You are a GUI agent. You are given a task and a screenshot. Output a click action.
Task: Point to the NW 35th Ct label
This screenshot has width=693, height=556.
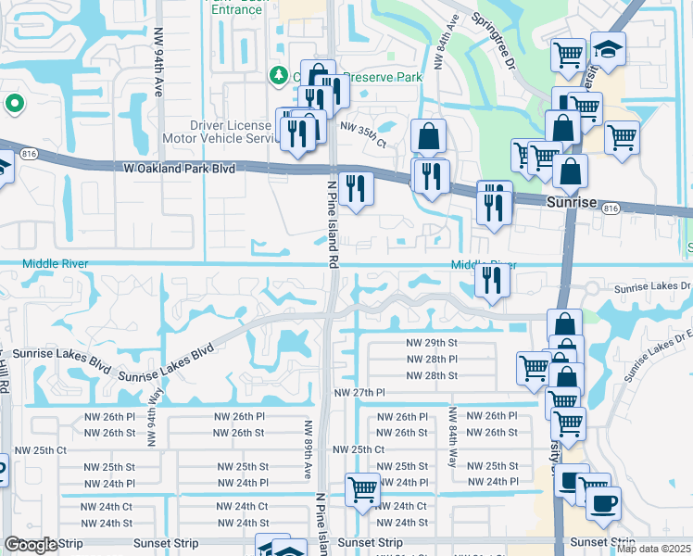pos(363,132)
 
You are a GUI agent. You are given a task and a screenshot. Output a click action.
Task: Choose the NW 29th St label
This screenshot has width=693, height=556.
pos(432,343)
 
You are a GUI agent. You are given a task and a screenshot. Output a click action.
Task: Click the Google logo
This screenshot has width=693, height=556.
pos(31,545)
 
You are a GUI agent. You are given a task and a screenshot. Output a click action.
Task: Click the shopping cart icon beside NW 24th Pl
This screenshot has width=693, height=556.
pos(362,487)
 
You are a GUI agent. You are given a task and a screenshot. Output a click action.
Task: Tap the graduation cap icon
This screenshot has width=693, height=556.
pos(608,48)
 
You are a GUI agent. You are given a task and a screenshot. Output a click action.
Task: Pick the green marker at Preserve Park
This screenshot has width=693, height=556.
pos(277,75)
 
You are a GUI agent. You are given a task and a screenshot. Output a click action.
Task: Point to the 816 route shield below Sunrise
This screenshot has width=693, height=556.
pos(609,209)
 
